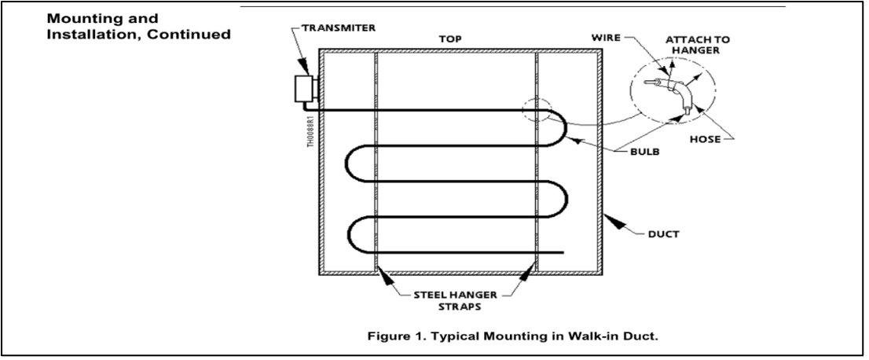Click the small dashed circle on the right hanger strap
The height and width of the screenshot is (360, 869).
pos(537,111)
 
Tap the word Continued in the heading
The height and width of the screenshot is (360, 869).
pos(192,35)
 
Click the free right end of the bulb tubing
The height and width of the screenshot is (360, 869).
pos(561,252)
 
